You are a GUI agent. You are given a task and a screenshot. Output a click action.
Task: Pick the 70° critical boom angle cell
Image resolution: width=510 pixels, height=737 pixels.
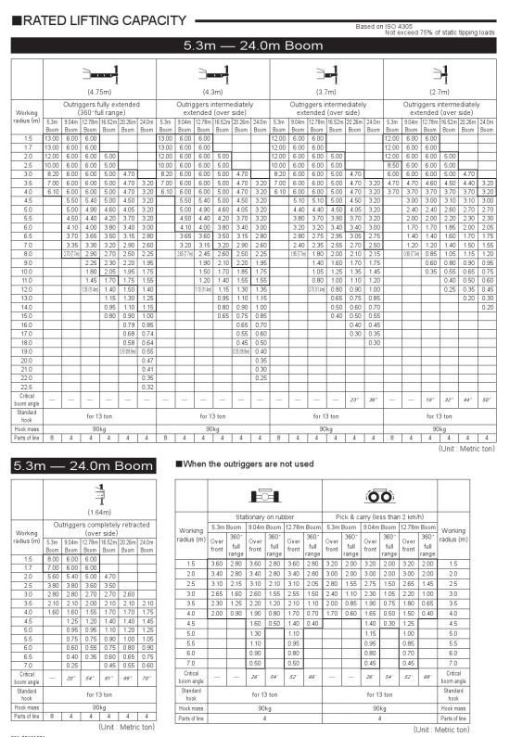coord(147,678)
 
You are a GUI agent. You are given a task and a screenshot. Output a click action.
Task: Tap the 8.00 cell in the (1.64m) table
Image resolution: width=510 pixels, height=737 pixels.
coord(52,559)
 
